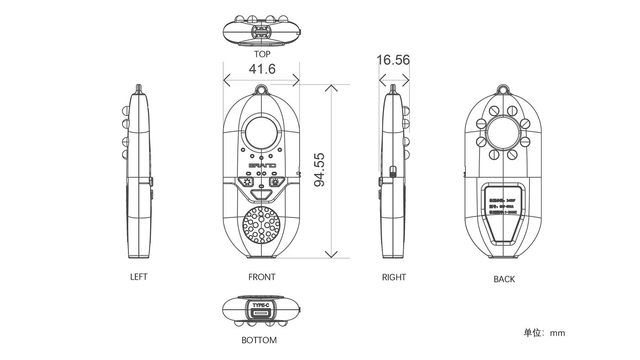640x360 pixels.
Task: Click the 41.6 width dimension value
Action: [x=262, y=69]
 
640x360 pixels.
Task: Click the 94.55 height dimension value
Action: [x=320, y=169]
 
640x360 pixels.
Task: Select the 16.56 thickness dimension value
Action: [x=393, y=60]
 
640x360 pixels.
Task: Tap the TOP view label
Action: [x=262, y=54]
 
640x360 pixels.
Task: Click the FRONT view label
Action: [x=262, y=277]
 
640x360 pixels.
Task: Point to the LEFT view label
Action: [x=139, y=277]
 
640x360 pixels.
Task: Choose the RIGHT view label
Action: [x=394, y=277]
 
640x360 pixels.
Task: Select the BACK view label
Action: [x=504, y=279]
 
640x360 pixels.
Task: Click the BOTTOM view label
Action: [x=259, y=340]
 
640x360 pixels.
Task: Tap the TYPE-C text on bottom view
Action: [x=261, y=305]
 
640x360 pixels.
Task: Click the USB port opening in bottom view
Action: [x=261, y=313]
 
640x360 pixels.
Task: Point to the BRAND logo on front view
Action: [x=262, y=165]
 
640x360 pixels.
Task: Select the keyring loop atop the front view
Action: [x=262, y=88]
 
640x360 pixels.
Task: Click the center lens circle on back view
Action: [x=503, y=132]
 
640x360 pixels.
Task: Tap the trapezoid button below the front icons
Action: [x=261, y=195]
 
